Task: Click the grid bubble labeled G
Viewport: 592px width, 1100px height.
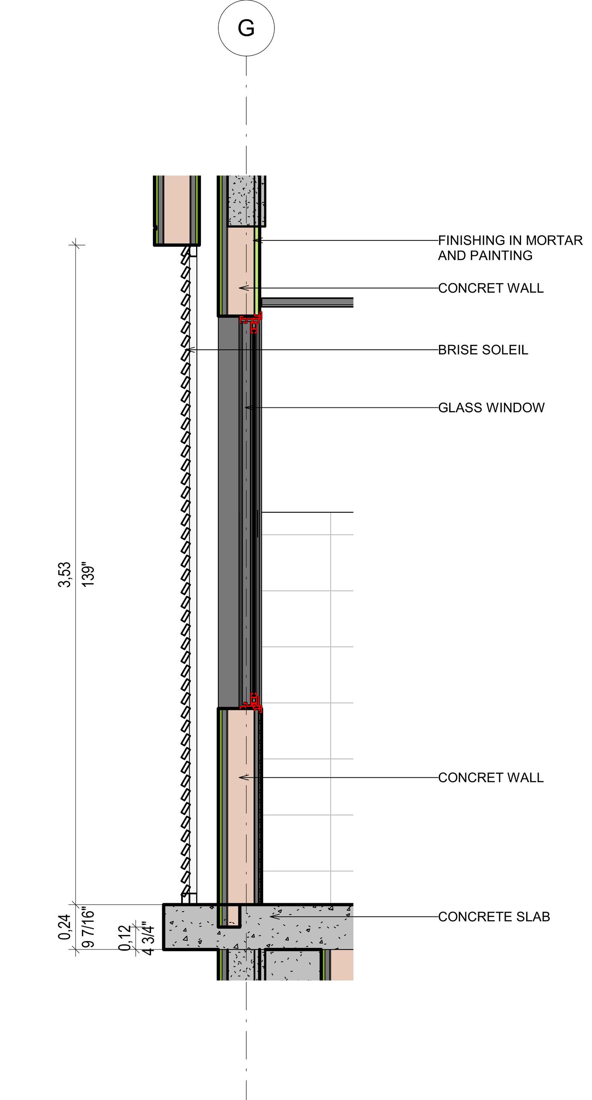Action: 246,28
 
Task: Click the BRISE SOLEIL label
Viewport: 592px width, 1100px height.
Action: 483,350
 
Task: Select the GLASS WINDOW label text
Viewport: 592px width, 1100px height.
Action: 491,407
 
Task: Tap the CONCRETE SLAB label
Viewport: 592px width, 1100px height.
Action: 494,916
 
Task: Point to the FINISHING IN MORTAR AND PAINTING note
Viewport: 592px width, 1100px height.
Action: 510,248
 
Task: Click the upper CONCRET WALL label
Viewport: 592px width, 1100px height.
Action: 491,288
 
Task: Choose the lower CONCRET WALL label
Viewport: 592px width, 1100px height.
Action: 491,777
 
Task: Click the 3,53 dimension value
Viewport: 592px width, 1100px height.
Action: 65,575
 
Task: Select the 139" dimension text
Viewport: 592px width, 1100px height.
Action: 88,576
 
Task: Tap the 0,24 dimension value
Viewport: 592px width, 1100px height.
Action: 65,927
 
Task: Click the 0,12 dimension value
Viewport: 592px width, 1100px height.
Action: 124,938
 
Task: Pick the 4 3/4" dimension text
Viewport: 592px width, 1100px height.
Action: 147,938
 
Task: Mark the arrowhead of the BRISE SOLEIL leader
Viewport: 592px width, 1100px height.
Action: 188,350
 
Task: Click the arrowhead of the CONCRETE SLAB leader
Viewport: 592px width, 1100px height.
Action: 272,916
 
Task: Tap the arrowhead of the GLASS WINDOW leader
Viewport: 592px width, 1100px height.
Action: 246,407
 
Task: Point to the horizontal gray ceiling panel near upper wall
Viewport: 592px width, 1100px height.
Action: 308,303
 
